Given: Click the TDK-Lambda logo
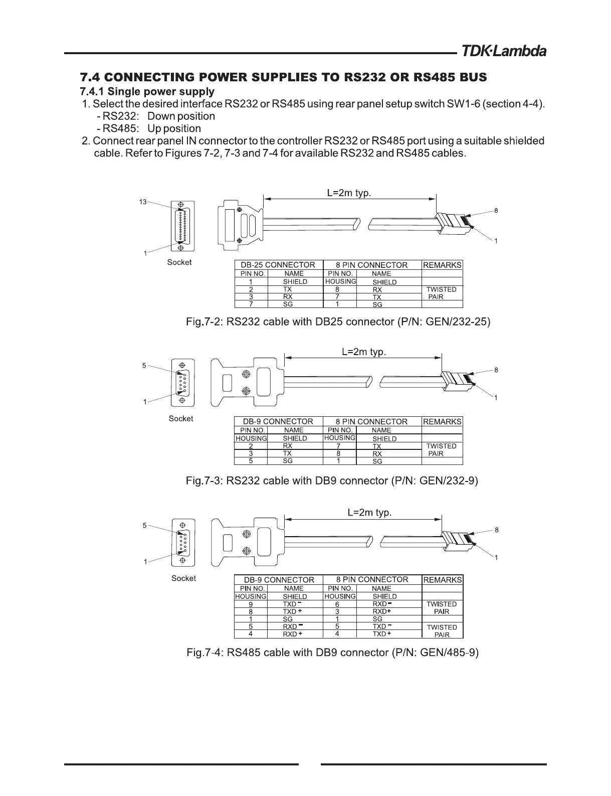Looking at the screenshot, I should (503, 51).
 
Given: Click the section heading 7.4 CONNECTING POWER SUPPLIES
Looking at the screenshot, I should (283, 78).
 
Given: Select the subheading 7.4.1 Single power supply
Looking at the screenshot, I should (147, 92).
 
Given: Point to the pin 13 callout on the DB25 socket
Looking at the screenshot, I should (143, 202).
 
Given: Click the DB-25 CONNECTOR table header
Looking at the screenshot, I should (278, 265).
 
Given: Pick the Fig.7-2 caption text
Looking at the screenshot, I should (337, 322).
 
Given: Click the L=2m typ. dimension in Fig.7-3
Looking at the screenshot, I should (364, 352).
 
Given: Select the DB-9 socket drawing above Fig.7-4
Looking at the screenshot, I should (183, 543).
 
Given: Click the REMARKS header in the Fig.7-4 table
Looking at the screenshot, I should (442, 580).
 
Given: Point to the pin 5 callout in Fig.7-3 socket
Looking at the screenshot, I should (144, 366).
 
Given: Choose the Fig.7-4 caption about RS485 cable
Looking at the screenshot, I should (332, 653).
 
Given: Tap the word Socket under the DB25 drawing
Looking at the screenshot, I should (179, 262).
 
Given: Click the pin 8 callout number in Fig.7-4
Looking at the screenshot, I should (496, 530).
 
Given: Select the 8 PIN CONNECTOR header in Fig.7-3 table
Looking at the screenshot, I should (371, 422).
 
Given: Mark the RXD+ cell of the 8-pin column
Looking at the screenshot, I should (381, 611).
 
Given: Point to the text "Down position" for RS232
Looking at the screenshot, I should (181, 116).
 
